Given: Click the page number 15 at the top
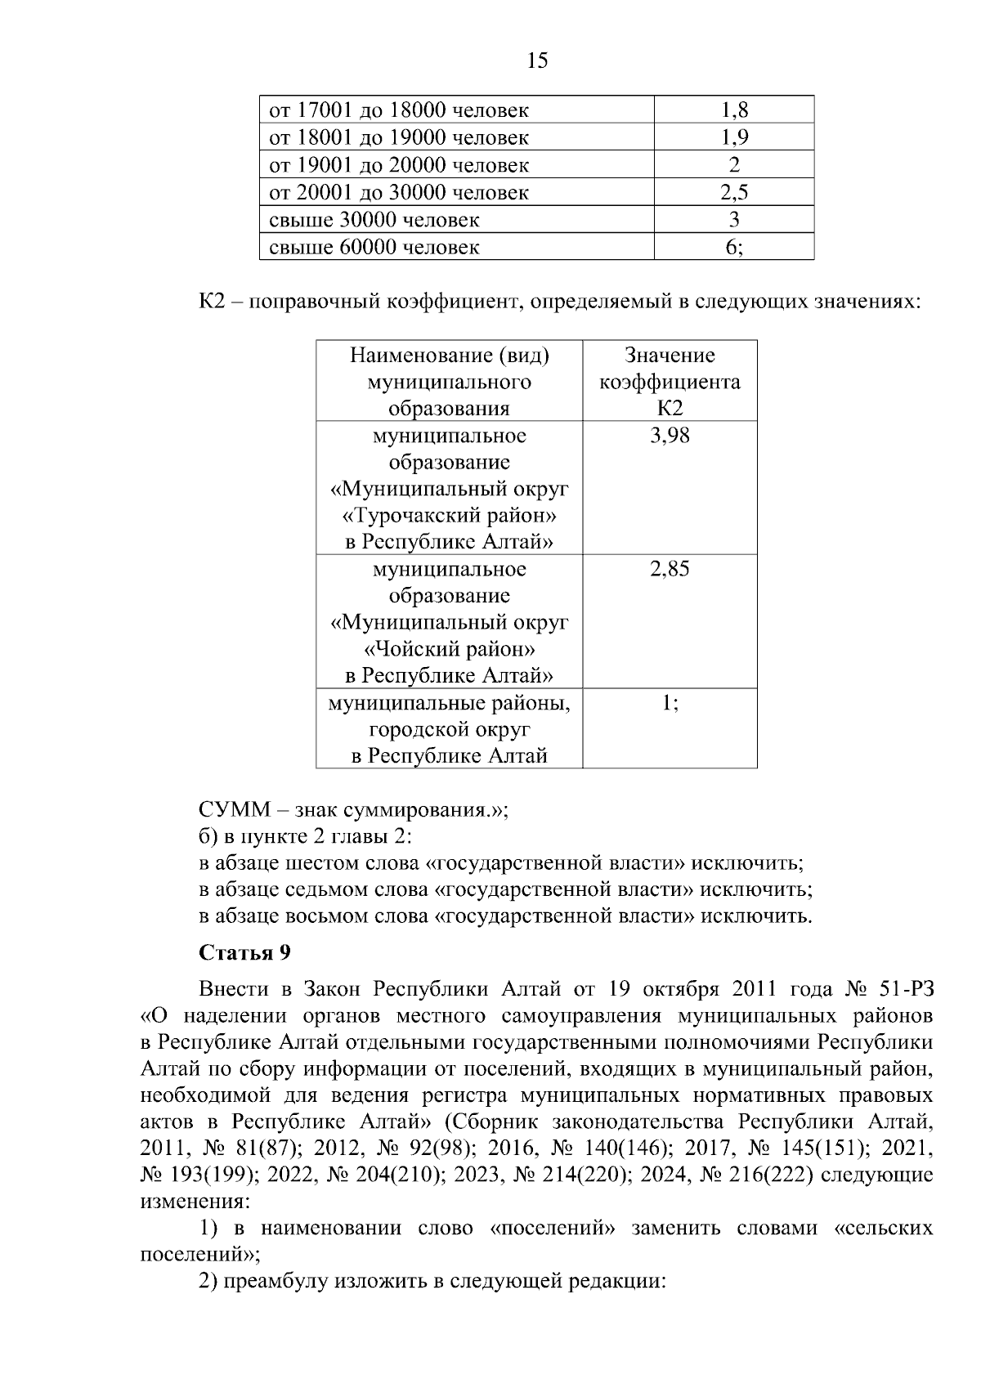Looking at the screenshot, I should [538, 60].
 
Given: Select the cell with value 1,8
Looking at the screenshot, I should [734, 110].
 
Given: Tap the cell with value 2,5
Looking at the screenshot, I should [734, 192].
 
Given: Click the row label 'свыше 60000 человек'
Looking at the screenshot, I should [374, 247].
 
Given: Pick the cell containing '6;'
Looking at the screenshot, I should [734, 247].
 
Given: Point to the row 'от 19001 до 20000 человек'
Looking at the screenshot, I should [399, 165].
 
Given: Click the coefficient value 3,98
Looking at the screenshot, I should [670, 436].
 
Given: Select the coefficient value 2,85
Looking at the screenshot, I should [670, 569].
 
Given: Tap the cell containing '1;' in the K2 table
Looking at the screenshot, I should [670, 702].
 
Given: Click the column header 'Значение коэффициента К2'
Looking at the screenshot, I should [670, 382].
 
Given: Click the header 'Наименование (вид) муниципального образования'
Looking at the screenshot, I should [449, 382].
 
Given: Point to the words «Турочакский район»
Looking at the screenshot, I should [449, 516].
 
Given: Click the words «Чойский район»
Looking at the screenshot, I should [449, 649].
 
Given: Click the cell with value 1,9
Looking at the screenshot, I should [734, 137].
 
